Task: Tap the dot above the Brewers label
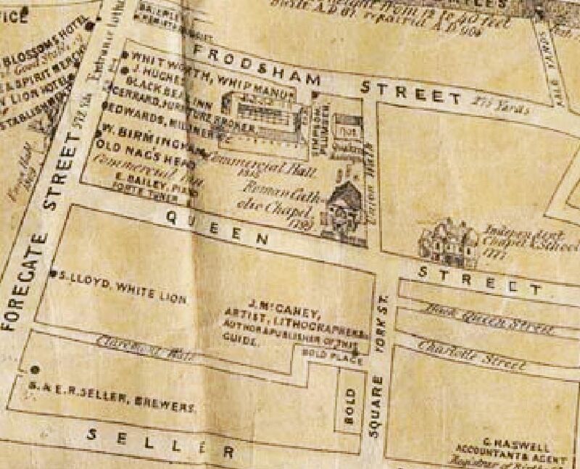click(33, 369)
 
